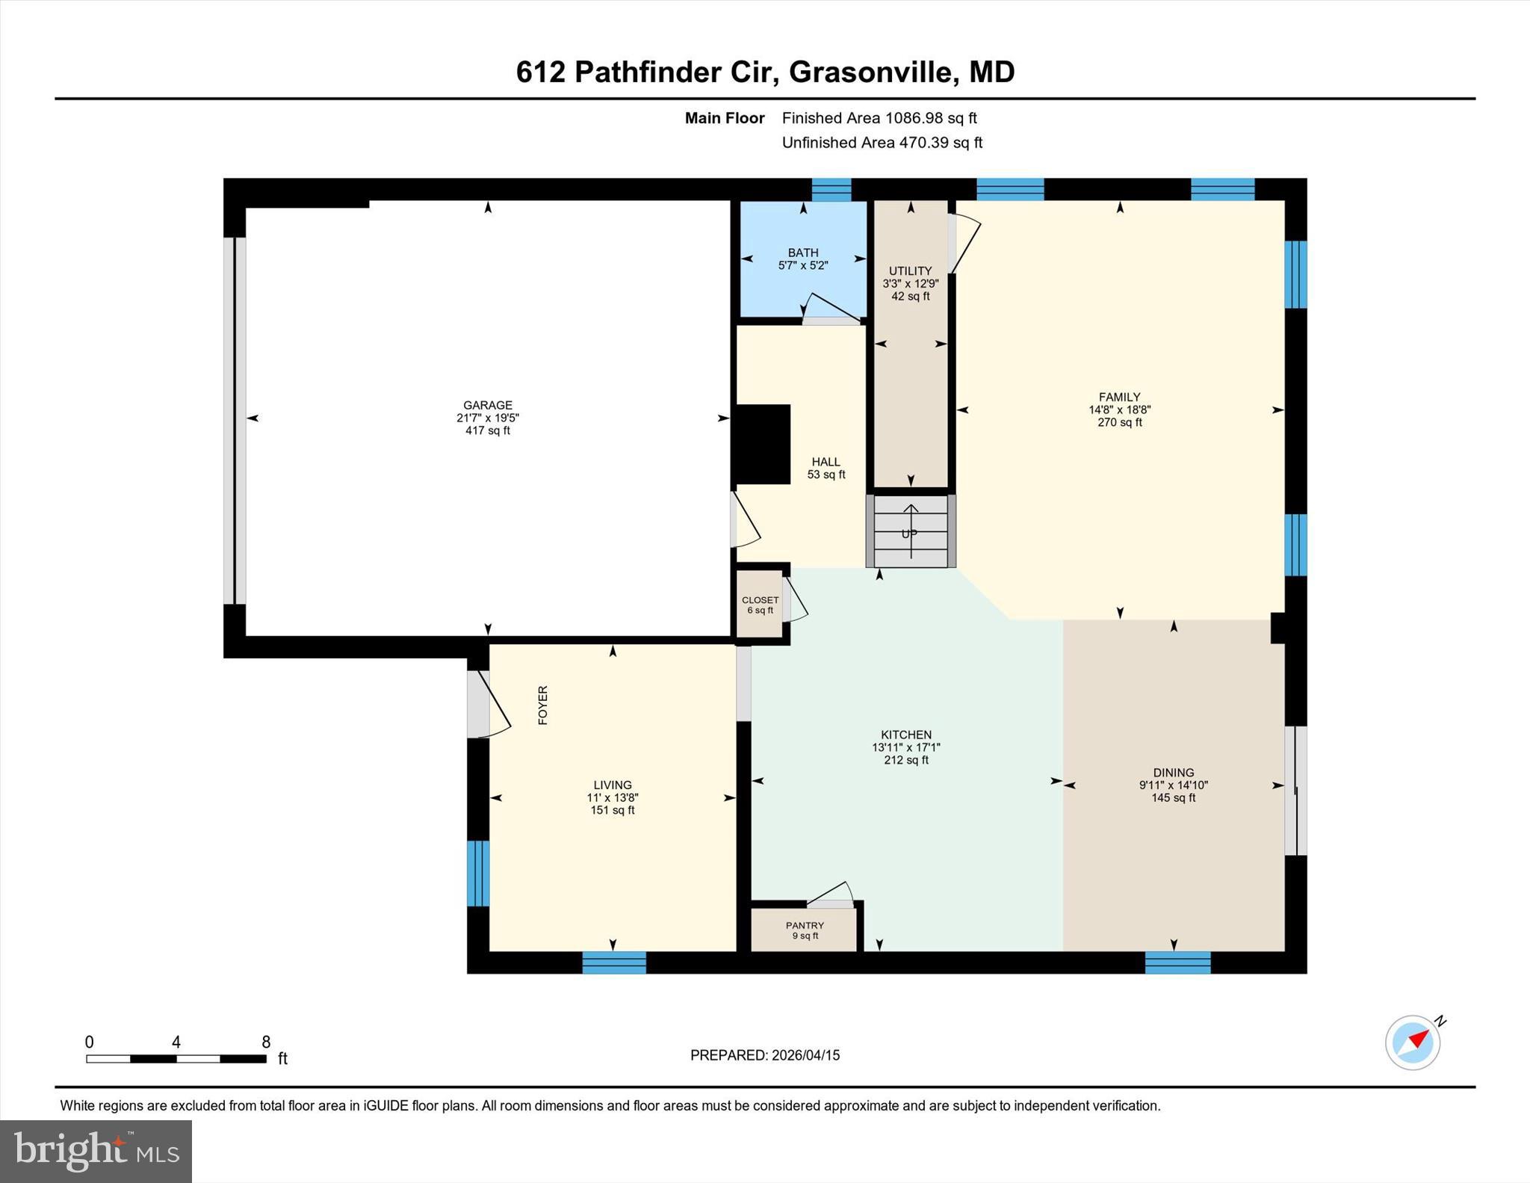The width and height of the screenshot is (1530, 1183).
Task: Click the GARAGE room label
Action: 487,405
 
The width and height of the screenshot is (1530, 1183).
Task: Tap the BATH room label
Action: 803,253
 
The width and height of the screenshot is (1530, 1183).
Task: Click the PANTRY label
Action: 805,925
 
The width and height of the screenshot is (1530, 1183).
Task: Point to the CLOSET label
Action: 760,600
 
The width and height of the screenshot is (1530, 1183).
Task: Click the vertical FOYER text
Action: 543,705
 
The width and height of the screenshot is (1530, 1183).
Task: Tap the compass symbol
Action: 1413,1043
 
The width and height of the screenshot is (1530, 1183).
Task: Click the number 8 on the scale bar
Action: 266,1042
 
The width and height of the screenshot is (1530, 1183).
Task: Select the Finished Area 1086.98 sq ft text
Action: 879,118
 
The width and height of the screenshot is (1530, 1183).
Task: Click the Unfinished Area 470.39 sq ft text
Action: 882,143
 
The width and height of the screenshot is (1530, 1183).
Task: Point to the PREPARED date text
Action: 765,1055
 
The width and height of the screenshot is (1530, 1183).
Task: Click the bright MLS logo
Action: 96,1151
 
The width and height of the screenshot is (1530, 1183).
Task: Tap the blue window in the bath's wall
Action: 831,190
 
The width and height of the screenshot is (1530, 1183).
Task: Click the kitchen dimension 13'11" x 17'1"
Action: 906,747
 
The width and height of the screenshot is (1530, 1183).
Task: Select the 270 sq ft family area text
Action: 1119,422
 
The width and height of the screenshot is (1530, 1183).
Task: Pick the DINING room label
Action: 1173,773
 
